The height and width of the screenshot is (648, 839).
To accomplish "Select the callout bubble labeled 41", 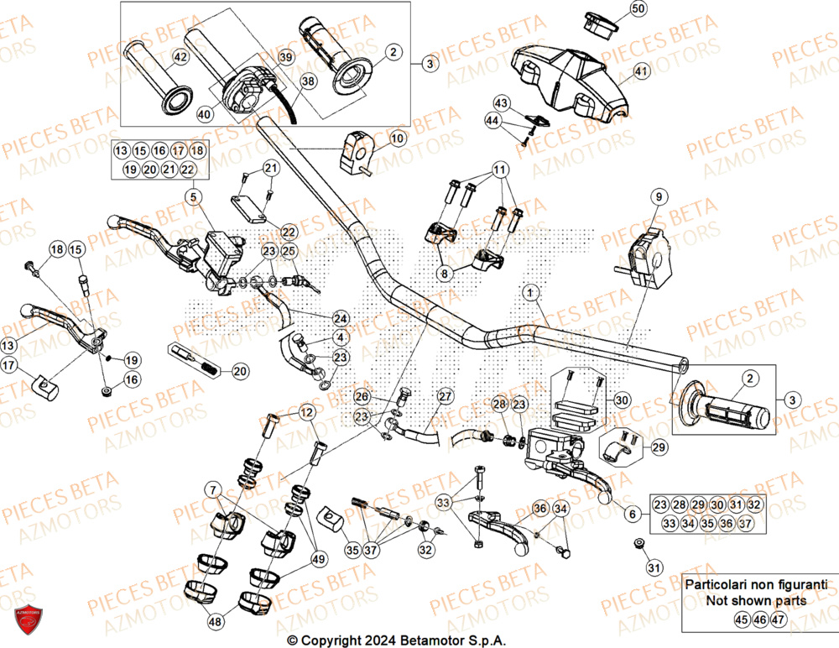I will pyautogui.click(x=641, y=71).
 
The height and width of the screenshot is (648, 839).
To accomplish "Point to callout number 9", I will pyautogui.click(x=659, y=197).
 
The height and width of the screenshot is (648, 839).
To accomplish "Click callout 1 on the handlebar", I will pyautogui.click(x=530, y=293).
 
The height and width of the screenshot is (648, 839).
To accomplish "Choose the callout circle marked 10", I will pyautogui.click(x=397, y=138).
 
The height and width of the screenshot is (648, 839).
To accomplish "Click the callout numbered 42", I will pyautogui.click(x=180, y=58).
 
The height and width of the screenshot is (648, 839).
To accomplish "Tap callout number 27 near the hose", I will pyautogui.click(x=445, y=395).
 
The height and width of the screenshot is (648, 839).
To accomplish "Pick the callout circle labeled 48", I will pyautogui.click(x=216, y=622).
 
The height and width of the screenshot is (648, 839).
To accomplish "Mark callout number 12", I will pyautogui.click(x=305, y=412).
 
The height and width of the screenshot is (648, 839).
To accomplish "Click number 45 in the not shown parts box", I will pyautogui.click(x=742, y=620).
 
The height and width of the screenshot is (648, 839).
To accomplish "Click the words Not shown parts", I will pyautogui.click(x=756, y=601).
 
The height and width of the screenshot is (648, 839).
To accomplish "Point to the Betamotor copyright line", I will pyautogui.click(x=397, y=639).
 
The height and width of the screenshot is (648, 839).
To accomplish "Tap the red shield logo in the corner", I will pyautogui.click(x=29, y=619).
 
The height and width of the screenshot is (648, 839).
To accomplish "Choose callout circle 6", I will pyautogui.click(x=634, y=513).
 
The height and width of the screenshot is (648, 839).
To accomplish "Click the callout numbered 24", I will pyautogui.click(x=340, y=318).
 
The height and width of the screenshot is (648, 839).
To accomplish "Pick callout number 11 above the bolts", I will pyautogui.click(x=500, y=170).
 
